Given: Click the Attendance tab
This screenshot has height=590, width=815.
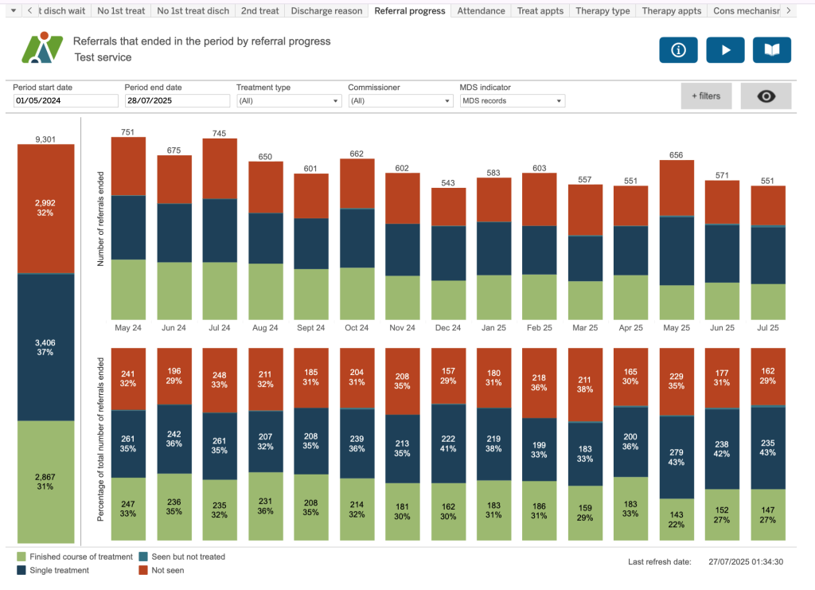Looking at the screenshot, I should tap(482, 11).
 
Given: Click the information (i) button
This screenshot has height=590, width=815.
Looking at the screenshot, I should tap(678, 50).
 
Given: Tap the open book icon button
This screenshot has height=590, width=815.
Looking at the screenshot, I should tap(772, 50).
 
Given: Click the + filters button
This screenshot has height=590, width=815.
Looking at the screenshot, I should tap(706, 96).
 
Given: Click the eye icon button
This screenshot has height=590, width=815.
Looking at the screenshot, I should tap(766, 96).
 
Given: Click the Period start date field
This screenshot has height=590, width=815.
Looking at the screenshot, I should tap(66, 101).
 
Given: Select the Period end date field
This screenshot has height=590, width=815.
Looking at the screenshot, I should tap(177, 101).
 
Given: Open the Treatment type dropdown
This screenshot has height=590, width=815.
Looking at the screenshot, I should tap(289, 101).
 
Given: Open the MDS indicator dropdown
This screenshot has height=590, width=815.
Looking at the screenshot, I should tap(513, 101).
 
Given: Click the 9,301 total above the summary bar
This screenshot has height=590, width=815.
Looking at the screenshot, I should tap(46, 139).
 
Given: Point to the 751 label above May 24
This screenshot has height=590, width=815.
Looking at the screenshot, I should tap(127, 132).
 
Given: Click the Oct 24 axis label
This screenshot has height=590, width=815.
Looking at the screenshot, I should tap(357, 328).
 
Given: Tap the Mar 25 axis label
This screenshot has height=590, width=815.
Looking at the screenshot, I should tap(585, 328).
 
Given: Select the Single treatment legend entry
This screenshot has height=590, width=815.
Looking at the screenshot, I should tap(59, 570).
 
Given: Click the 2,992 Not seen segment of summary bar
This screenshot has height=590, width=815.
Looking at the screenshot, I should tap(46, 209).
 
